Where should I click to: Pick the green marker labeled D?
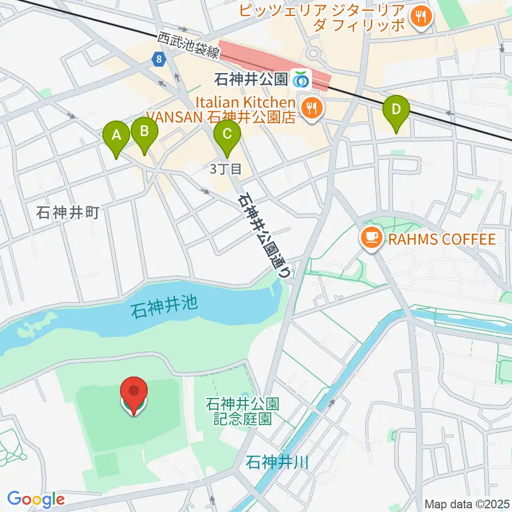[396, 110]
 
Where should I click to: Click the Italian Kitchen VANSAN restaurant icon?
[311, 109]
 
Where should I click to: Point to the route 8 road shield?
[159, 60]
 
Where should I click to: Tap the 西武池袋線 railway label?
[188, 44]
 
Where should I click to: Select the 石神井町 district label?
[68, 214]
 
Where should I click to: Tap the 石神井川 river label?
[277, 462]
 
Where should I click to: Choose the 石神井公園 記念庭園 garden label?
[239, 411]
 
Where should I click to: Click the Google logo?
[36, 499]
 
